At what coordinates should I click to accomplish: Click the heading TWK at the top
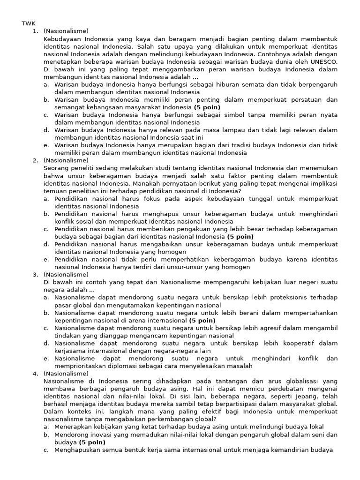(29, 23)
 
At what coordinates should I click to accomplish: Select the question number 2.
(35, 160)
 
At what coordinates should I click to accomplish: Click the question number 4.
(35, 374)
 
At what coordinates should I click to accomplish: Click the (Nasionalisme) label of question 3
(66, 274)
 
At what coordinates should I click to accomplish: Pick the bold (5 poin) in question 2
(238, 237)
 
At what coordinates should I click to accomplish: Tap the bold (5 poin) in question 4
(92, 442)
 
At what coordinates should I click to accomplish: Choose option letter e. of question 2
(46, 259)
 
